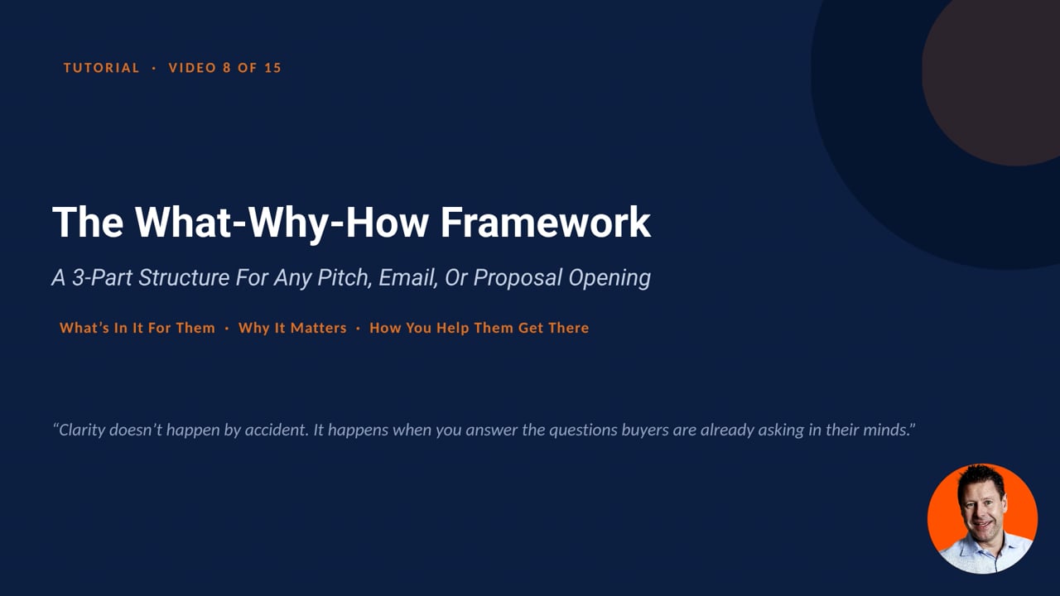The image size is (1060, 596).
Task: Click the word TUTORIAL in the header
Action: [101, 68]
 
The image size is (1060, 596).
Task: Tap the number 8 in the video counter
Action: [227, 68]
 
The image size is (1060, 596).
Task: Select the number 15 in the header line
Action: [273, 68]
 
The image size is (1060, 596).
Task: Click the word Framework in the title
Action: [546, 222]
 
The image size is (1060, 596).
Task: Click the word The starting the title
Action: [88, 222]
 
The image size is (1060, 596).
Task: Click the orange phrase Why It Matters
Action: [292, 328]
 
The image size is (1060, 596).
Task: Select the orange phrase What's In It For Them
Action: [137, 328]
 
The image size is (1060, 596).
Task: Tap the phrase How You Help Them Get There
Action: [479, 328]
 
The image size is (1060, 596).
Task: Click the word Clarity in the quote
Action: [81, 430]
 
